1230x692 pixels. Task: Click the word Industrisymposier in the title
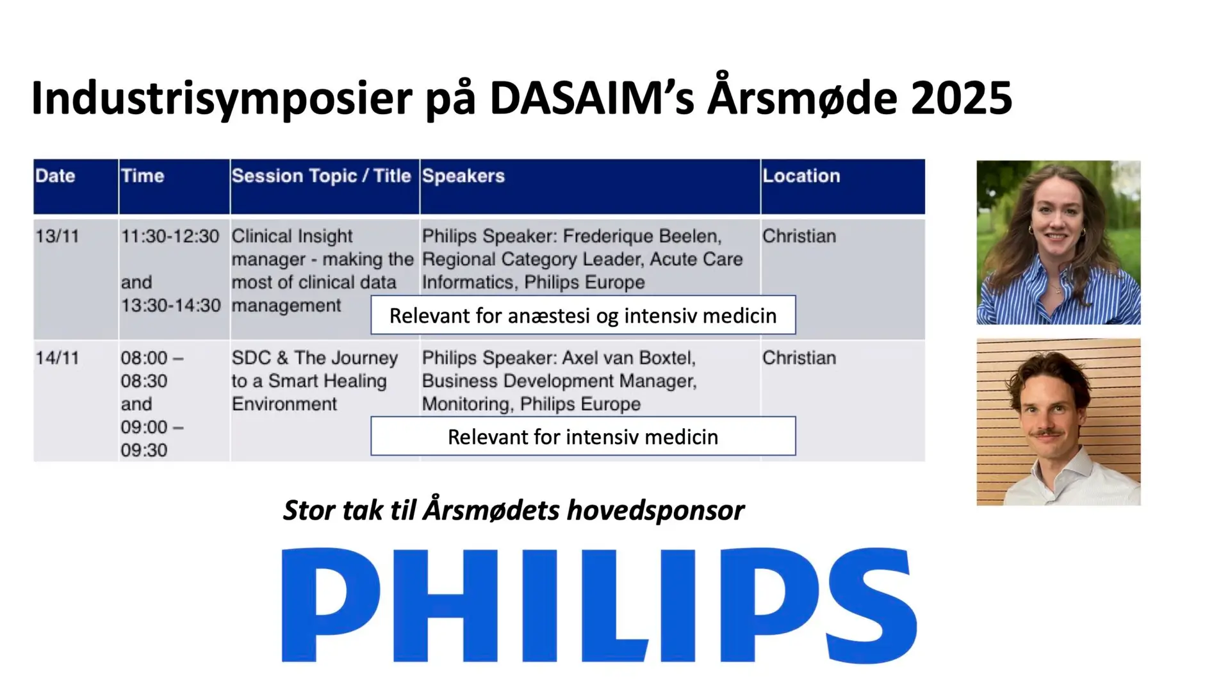(222, 98)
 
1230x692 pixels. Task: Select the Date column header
(55, 176)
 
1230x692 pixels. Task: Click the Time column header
(142, 176)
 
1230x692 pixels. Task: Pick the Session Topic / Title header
(321, 176)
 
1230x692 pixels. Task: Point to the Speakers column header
(463, 176)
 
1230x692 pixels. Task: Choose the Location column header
(801, 176)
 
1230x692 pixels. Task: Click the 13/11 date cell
(57, 236)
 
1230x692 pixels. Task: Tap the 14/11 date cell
(57, 358)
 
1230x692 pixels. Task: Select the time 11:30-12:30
(170, 236)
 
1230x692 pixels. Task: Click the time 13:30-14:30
(170, 306)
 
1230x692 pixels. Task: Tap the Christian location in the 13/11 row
(799, 236)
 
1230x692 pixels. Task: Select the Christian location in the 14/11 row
(799, 358)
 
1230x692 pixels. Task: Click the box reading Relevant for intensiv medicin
(583, 436)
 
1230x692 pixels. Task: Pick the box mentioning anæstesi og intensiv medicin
(583, 315)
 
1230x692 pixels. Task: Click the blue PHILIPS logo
(600, 605)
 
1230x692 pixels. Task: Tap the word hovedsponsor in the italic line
(655, 511)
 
